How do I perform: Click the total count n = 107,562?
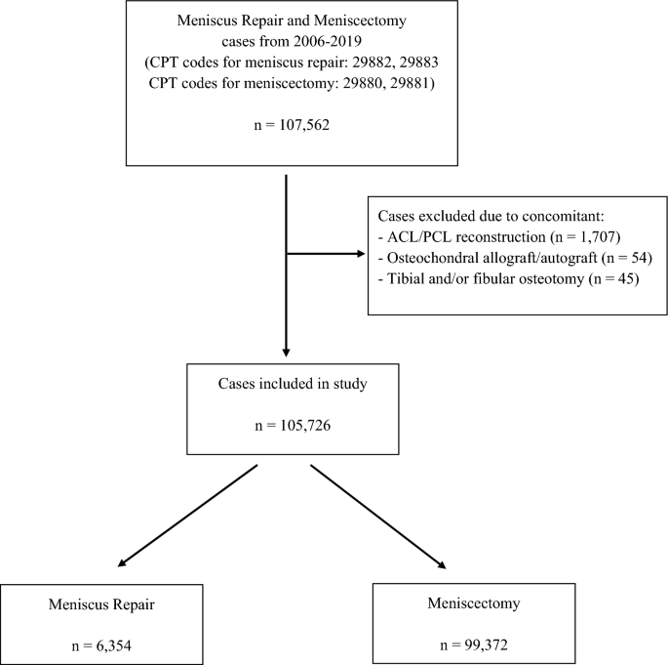coord(292,125)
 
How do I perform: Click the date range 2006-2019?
coord(328,41)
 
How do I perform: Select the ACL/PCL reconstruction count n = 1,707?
coord(586,236)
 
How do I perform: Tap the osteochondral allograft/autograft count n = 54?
coord(627,258)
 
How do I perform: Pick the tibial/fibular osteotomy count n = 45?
coord(614,278)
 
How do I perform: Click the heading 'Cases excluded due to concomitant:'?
coord(491,216)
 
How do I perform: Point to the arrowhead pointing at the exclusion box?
coord(361,254)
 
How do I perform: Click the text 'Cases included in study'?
coord(293,384)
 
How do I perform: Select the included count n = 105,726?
coord(293,426)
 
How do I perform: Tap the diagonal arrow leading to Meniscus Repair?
coord(187,516)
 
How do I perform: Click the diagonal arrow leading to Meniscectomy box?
coord(378,517)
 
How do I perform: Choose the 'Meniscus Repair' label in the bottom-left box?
coord(101,604)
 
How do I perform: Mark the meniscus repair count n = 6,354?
coord(101,646)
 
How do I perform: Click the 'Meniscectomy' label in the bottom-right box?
coord(474,603)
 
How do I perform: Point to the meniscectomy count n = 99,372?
coord(474,644)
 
